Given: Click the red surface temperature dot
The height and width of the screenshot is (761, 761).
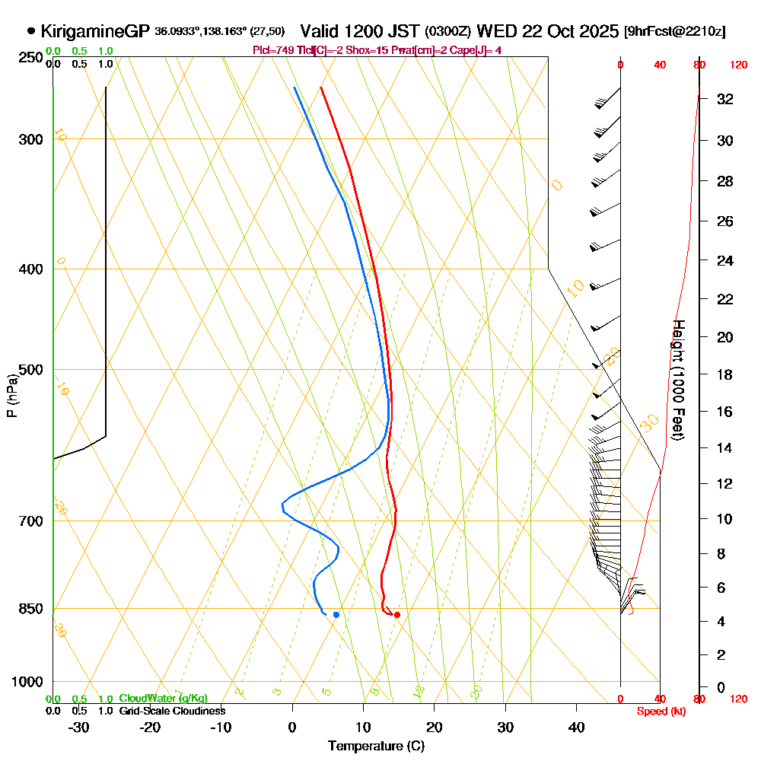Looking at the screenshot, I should click(396, 614).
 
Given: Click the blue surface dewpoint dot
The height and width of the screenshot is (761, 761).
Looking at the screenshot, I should click(336, 614).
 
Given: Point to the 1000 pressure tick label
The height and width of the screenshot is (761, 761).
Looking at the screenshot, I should click(27, 682).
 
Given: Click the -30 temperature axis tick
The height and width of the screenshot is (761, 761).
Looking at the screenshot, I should click(79, 728).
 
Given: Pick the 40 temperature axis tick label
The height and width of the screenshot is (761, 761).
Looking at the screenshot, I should click(576, 728).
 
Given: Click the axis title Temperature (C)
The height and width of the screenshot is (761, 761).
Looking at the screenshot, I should click(376, 746).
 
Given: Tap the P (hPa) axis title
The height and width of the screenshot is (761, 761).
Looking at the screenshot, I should click(11, 396).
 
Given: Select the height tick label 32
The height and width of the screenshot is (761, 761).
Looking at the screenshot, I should click(724, 99).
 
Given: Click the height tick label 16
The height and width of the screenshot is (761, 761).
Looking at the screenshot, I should click(724, 412).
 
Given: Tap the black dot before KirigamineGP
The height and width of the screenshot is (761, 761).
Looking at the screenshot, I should click(30, 31).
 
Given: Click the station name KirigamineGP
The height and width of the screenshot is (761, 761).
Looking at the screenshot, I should click(94, 31).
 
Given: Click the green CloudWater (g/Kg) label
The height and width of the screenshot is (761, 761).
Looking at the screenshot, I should click(163, 698).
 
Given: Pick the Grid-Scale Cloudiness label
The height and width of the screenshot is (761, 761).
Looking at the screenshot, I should click(171, 711).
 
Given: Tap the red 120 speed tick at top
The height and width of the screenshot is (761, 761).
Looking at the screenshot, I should click(738, 65).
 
